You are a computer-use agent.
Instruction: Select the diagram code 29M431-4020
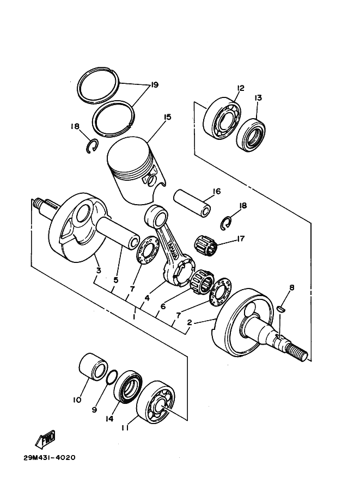coord(49,458)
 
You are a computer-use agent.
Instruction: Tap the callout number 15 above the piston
coord(167,117)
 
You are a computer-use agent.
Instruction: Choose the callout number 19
coord(155,85)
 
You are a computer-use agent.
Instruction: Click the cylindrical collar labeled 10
coord(93,367)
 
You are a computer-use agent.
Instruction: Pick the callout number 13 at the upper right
coord(258,97)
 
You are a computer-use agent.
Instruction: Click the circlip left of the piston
coord(93,146)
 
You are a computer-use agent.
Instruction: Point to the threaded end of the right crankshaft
coord(297,352)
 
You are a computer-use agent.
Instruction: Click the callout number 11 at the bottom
coord(124,427)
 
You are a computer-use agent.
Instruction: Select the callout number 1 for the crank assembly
coord(135,317)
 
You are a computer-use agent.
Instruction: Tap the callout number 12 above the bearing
coord(240,88)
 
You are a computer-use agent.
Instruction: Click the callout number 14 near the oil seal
coord(109,419)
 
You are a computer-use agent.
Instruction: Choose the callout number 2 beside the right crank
coord(190,322)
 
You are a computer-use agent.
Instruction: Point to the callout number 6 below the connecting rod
coord(163,306)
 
